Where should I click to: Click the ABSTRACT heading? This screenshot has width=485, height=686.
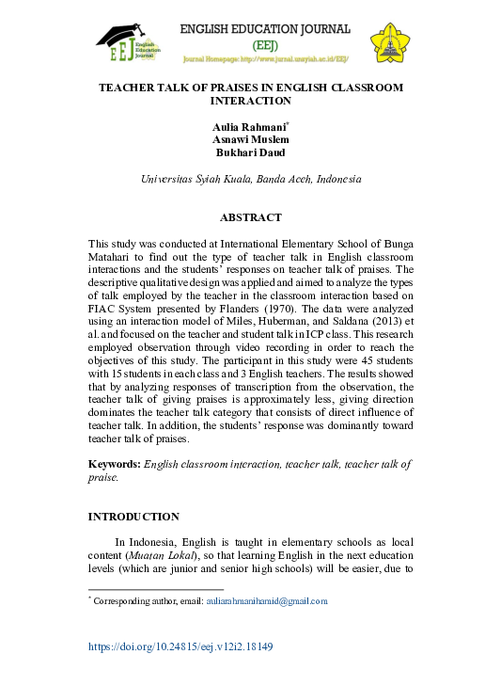pyautogui.click(x=250, y=217)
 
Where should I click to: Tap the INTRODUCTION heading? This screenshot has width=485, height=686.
pyautogui.click(x=133, y=517)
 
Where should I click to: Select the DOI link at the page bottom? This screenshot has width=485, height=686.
pyautogui.click(x=180, y=647)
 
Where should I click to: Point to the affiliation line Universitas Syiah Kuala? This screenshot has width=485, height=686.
pyautogui.click(x=250, y=179)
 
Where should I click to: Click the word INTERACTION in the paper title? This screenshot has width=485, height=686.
pyautogui.click(x=250, y=101)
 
